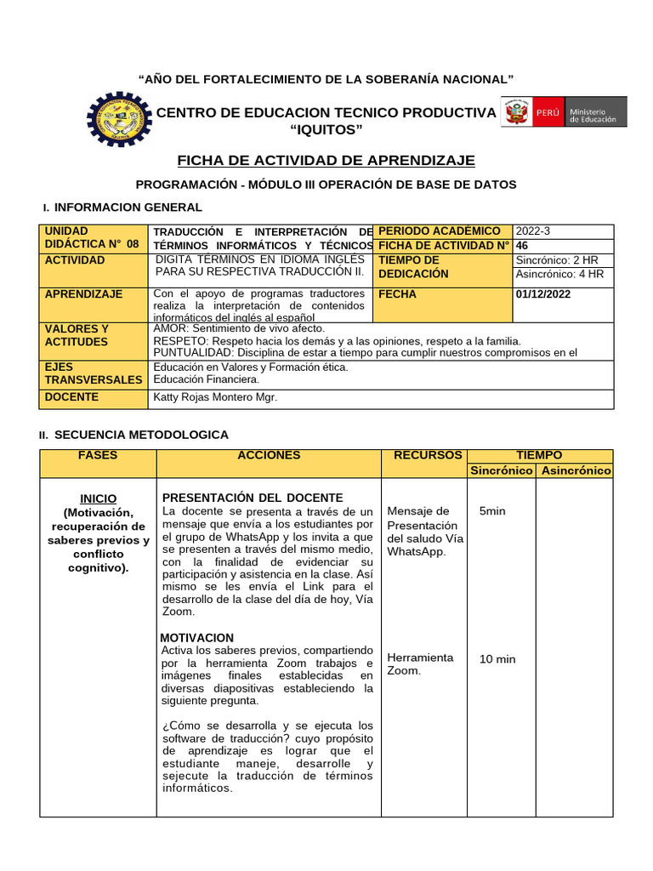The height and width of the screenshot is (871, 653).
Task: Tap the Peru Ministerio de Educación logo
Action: pos(564,111)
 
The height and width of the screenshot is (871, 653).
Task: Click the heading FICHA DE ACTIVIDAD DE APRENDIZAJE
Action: pos(326,161)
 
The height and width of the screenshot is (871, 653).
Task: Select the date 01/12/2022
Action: pos(543,294)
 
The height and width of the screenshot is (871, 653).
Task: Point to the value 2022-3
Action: pos(533,231)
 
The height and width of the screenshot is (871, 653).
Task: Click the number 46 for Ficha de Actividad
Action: pos(522,245)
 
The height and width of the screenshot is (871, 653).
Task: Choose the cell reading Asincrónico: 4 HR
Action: pos(559,274)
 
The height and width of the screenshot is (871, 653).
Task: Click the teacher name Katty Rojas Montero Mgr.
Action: pos(215,397)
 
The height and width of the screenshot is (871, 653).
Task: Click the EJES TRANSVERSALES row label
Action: pos(94,373)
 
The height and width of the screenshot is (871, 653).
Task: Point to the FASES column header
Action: pos(98,456)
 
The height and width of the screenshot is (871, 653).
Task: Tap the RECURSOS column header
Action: pos(428,456)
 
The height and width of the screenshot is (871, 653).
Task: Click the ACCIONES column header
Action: pos(269,456)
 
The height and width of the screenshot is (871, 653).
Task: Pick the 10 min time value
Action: pos(497,659)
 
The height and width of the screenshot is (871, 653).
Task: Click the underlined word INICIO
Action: pos(99,498)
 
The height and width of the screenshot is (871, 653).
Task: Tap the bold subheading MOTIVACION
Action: pos(196,637)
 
